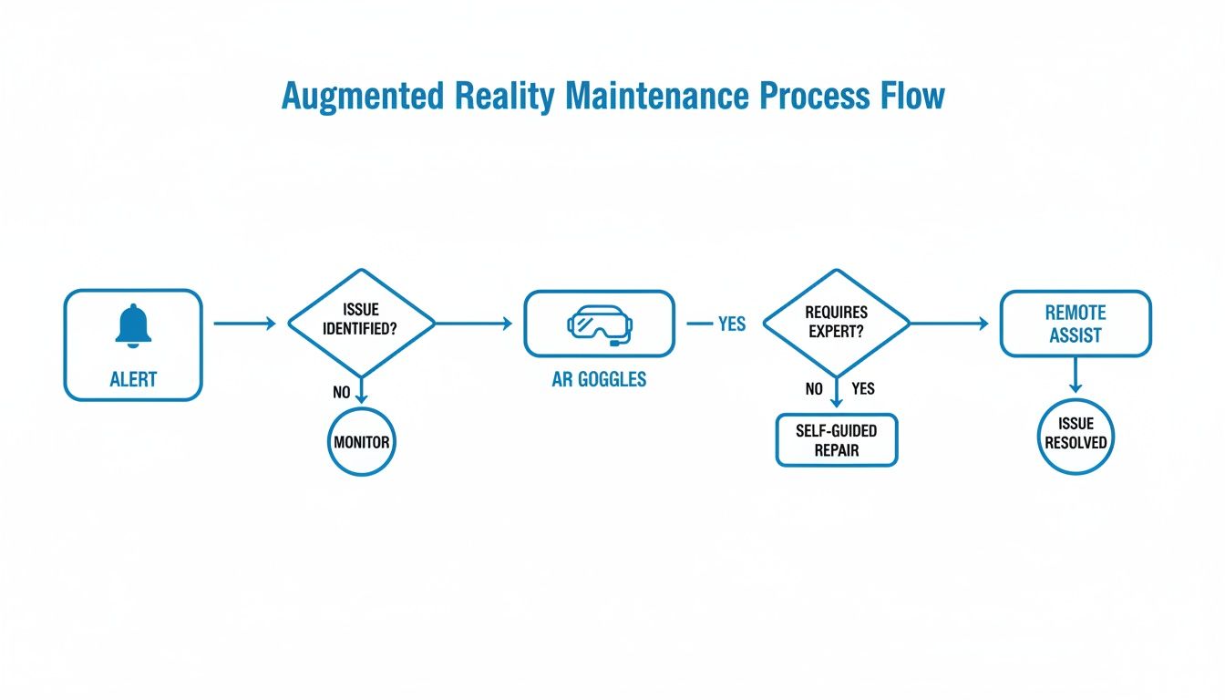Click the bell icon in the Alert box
click(x=133, y=325)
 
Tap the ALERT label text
click(x=133, y=379)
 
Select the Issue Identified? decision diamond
click(x=362, y=322)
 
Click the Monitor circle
click(x=361, y=442)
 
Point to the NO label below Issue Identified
click(x=343, y=393)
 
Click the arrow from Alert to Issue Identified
click(x=243, y=323)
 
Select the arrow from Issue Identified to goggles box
click(x=473, y=323)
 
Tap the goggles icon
click(x=599, y=323)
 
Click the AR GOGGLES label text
click(x=599, y=379)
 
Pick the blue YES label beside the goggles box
click(x=731, y=324)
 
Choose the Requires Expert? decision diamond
click(x=836, y=322)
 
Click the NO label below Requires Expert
click(x=814, y=389)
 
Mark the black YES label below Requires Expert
click(x=862, y=389)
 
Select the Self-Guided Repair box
click(x=836, y=440)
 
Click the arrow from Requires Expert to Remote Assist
click(x=949, y=323)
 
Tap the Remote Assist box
click(x=1076, y=324)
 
